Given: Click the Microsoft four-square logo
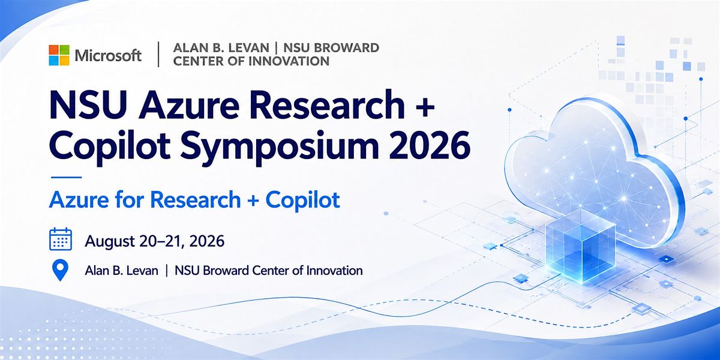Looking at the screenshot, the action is click(x=59, y=55).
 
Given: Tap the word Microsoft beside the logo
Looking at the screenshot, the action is click(x=108, y=56).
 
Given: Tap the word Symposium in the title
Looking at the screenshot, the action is click(x=280, y=147).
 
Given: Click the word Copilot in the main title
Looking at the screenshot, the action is click(x=110, y=146).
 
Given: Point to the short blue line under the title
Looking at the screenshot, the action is click(x=66, y=177).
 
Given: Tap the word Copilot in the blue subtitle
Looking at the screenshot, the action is click(x=303, y=200).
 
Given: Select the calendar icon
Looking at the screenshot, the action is click(x=61, y=239).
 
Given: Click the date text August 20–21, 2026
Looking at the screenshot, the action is click(x=155, y=241).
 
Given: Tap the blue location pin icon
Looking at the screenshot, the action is click(x=60, y=271).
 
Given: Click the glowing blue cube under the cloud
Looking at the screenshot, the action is click(x=580, y=245).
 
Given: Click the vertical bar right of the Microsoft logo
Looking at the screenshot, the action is click(x=158, y=55).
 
